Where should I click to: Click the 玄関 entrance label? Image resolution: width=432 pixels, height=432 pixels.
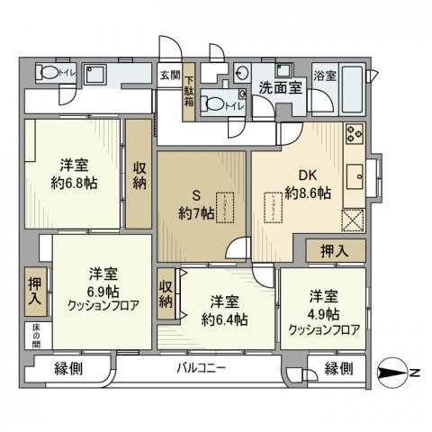(169, 76)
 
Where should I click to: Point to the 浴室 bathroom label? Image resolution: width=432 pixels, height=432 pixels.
(325, 76)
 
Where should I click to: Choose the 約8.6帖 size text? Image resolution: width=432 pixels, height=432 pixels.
(308, 193)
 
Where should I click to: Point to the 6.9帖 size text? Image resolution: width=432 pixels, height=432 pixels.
(101, 290)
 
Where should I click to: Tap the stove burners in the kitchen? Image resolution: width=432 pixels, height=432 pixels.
(353, 135)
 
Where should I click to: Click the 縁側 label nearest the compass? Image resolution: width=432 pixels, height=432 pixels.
(339, 369)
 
